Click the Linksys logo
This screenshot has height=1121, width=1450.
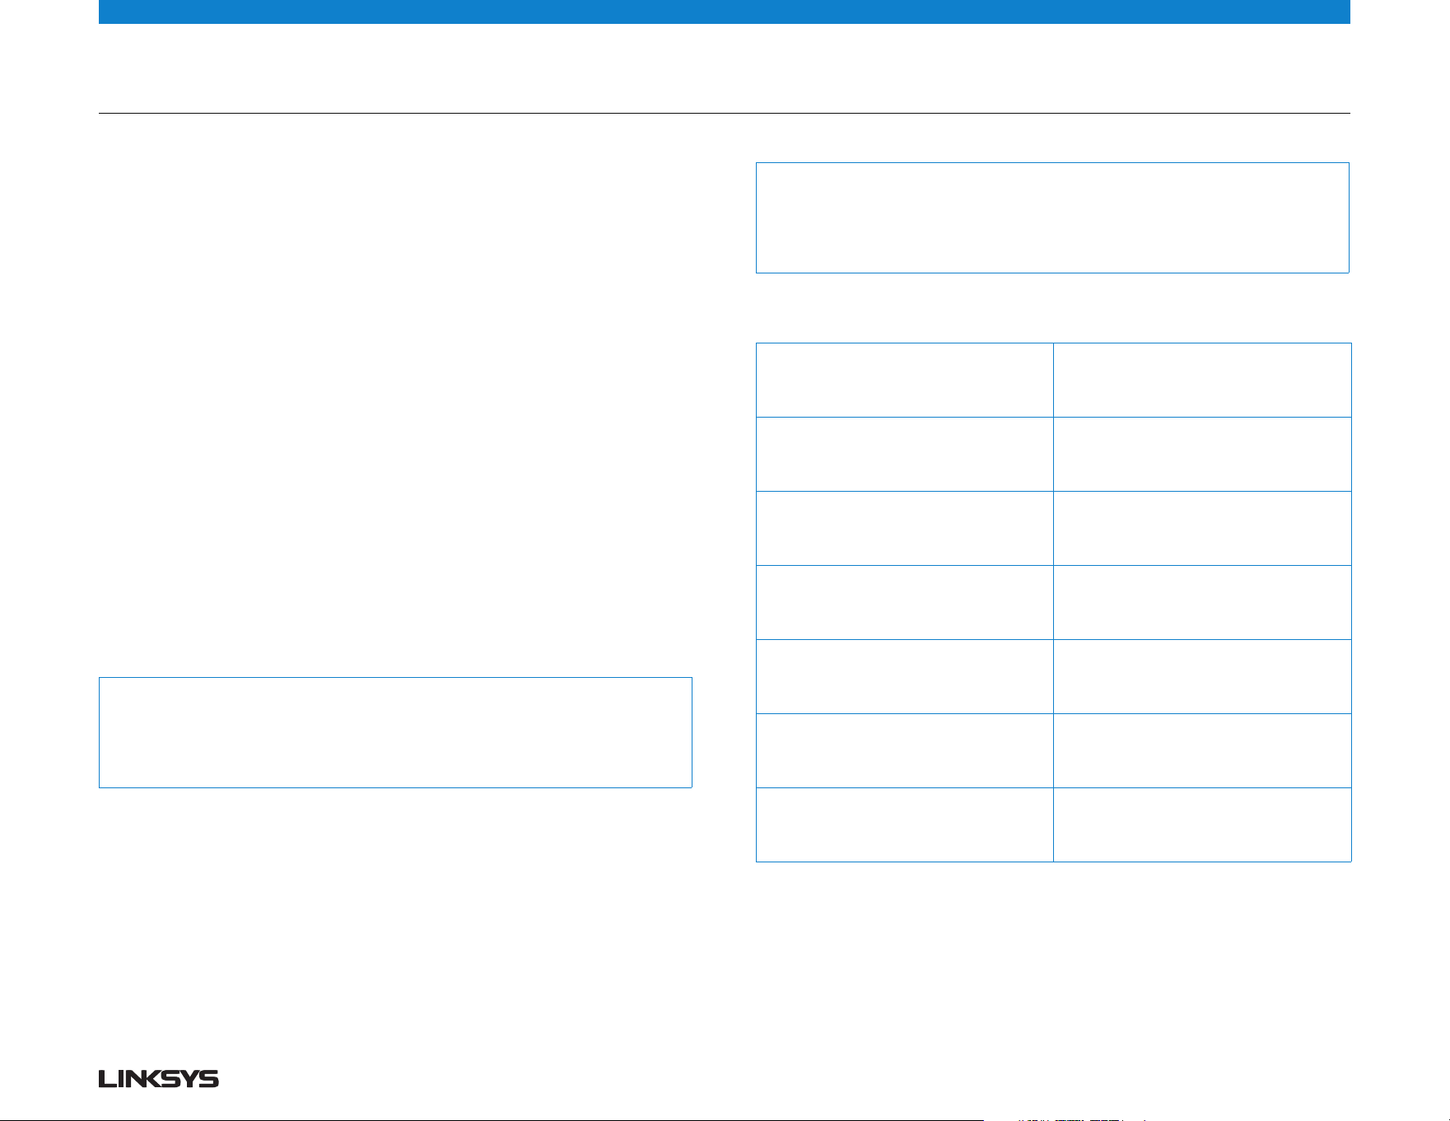[159, 1079]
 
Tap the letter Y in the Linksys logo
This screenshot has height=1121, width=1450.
[189, 1079]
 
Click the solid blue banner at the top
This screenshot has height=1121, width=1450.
[725, 12]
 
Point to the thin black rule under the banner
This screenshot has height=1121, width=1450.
[725, 113]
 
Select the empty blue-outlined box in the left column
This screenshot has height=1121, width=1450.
[395, 678]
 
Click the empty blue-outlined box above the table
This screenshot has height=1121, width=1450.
[1052, 163]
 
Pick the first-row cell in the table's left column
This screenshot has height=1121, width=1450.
[905, 380]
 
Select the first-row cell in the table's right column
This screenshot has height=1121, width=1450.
[1202, 380]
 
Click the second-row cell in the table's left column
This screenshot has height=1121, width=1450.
[905, 454]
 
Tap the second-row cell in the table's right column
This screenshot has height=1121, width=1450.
[1202, 454]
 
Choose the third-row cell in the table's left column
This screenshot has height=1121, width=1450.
[905, 528]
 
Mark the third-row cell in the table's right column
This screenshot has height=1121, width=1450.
[1202, 528]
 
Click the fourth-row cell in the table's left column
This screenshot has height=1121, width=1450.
[905, 602]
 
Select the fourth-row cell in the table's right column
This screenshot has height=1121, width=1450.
[1202, 602]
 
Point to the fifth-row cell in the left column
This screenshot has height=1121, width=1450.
[905, 676]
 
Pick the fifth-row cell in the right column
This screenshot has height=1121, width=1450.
[1202, 676]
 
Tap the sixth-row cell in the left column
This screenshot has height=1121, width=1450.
[905, 750]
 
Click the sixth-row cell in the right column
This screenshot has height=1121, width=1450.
[1202, 750]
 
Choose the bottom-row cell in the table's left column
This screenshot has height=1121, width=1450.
[905, 824]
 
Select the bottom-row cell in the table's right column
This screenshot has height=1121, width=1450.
[1202, 824]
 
